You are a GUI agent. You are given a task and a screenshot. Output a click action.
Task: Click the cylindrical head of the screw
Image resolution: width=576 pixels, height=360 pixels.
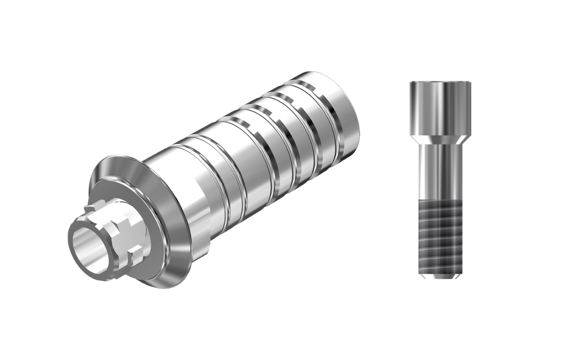pyautogui.click(x=440, y=107)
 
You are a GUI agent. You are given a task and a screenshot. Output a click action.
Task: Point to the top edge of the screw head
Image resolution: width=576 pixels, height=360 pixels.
pyautogui.click(x=440, y=83)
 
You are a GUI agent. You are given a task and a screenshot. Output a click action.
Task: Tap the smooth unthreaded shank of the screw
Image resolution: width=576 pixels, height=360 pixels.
pyautogui.click(x=440, y=169)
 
